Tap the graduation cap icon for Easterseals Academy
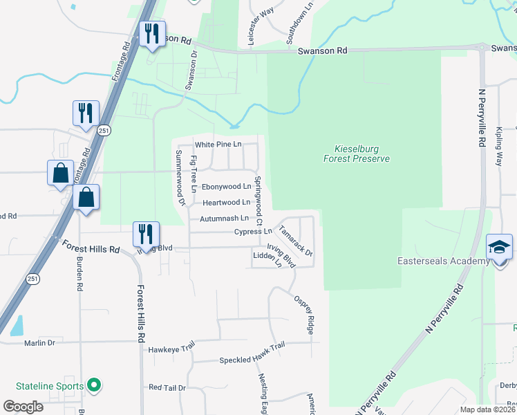click(x=499, y=247)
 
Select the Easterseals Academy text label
click(x=434, y=261)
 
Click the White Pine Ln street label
click(x=218, y=145)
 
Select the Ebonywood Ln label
click(x=225, y=187)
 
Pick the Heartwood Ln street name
click(x=227, y=203)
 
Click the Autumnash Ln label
click(x=223, y=219)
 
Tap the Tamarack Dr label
click(x=296, y=240)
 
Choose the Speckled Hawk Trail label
click(x=252, y=360)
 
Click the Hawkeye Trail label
click(x=172, y=350)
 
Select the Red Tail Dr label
click(x=167, y=388)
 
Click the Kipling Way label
click(x=499, y=146)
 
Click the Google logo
click(x=23, y=406)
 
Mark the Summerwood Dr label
click(x=180, y=178)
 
